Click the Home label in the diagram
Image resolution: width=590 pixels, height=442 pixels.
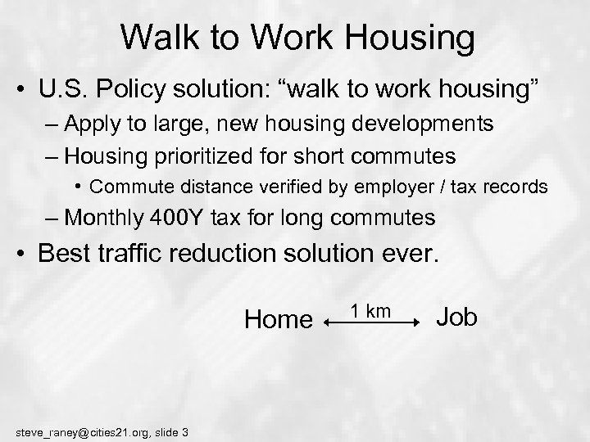(279, 319)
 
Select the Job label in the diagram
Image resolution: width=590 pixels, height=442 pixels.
(457, 317)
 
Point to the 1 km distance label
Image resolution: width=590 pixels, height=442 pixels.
(370, 310)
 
